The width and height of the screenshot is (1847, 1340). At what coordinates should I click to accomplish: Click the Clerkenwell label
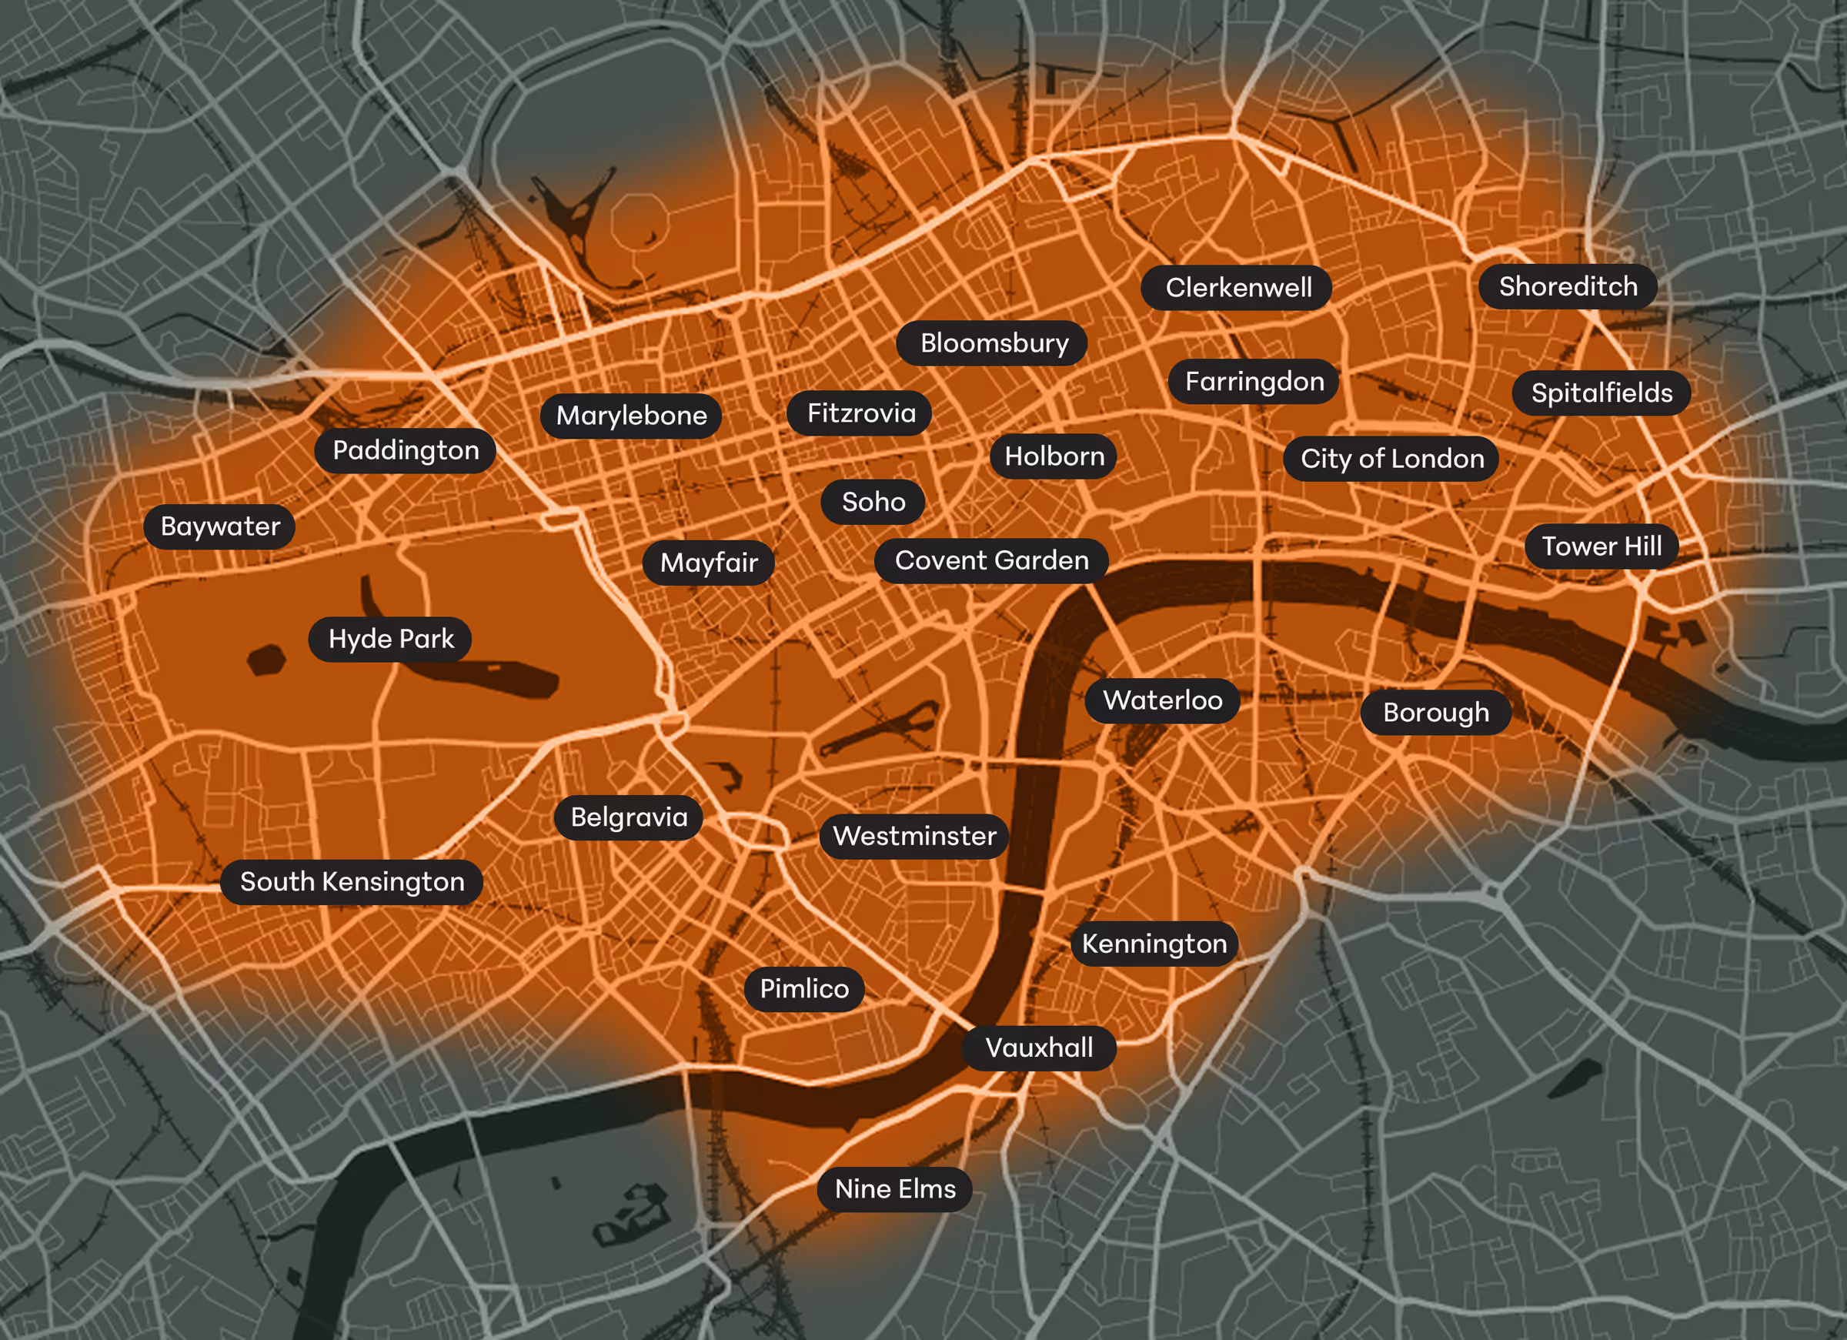point(1237,288)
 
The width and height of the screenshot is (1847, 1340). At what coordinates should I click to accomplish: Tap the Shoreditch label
point(1568,287)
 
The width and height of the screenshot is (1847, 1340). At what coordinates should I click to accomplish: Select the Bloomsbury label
point(994,343)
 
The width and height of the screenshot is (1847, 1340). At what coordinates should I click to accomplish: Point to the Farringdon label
point(1254,381)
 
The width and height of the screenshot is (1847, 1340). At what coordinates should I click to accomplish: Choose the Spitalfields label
point(1601,393)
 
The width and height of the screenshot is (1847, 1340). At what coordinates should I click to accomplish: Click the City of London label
point(1391,459)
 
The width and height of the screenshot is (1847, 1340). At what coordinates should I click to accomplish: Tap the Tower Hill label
point(1601,546)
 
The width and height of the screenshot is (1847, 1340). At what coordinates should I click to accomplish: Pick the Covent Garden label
point(991,560)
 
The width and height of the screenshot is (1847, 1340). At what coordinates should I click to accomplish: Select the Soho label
point(873,502)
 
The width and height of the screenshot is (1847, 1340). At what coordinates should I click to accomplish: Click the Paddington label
point(406,450)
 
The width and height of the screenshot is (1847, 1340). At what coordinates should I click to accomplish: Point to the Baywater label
point(220,526)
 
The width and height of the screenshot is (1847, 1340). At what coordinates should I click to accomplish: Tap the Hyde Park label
point(391,639)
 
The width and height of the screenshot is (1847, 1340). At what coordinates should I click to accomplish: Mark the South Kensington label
point(352,881)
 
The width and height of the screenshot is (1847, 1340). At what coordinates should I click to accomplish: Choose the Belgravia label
point(629,817)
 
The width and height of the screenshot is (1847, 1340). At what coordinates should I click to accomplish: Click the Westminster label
point(914,836)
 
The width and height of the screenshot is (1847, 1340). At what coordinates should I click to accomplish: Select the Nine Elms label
point(895,1189)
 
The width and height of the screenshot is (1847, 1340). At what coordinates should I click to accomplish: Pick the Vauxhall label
point(1039,1048)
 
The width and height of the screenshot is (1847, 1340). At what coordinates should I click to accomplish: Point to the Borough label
point(1436,713)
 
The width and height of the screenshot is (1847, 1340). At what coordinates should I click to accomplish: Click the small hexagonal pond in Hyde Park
point(266,659)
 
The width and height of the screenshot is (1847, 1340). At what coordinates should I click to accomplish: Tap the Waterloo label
point(1162,700)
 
